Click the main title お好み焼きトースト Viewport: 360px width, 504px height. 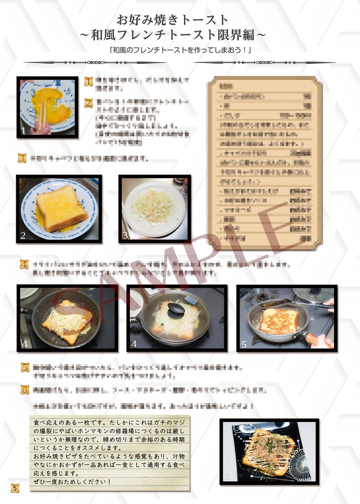[173, 20]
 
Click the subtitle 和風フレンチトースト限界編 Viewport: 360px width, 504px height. [173, 35]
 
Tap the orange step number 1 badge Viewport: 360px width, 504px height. [89, 81]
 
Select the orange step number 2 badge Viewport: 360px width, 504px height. [89, 103]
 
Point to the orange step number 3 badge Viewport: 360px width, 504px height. [22, 158]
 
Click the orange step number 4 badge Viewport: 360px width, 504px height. [24, 264]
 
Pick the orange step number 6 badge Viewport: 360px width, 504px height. [25, 389]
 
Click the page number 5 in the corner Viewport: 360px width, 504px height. [15, 488]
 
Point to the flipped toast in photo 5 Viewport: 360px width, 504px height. [279, 321]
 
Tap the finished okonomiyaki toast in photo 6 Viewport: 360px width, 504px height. [268, 451]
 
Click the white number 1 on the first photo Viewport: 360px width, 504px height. [23, 130]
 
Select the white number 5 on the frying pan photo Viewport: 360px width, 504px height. [243, 345]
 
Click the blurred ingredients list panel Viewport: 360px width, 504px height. [265, 162]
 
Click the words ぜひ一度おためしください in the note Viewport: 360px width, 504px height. [72, 481]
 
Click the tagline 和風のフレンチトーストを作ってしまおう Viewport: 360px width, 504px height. [180, 50]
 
